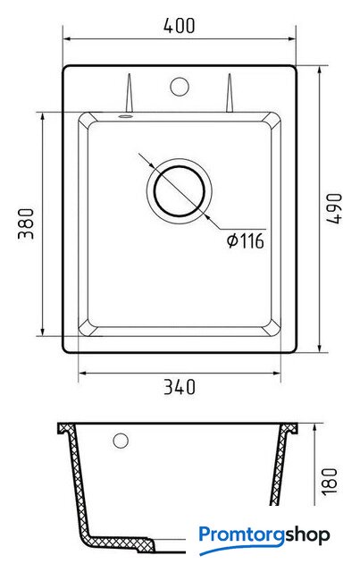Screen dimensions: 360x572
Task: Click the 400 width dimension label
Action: coord(179,26)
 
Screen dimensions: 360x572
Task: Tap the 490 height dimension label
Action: coord(334,208)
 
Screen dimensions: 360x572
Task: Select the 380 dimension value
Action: coord(26,223)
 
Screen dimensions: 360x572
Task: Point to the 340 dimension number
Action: coord(180,387)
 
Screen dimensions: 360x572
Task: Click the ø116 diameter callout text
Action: coord(245,240)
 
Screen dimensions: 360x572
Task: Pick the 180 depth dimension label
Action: coord(330,481)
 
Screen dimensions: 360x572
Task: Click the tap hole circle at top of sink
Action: coord(180,87)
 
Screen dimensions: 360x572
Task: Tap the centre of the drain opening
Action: coord(180,190)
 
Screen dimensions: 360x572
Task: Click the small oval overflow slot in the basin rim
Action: coord(125,116)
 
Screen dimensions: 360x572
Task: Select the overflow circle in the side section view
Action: coord(121,441)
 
